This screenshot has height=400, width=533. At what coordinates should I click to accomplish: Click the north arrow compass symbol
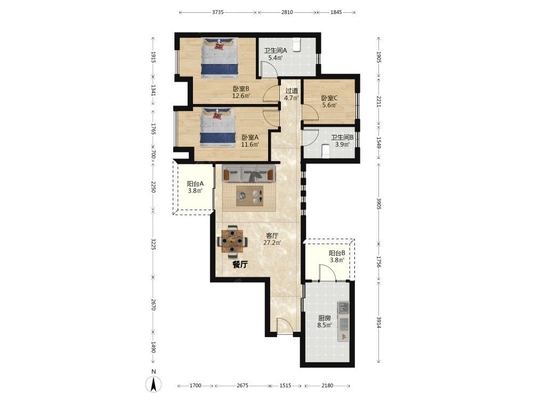pos(154,385)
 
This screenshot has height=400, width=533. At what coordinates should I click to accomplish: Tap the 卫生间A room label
pos(276,51)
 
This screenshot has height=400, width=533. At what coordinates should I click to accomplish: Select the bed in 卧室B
pos(219,58)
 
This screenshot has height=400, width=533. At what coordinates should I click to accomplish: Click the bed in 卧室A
pos(217,128)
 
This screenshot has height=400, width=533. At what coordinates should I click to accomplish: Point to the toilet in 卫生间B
pos(325,151)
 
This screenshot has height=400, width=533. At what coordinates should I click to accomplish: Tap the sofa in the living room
pos(248,174)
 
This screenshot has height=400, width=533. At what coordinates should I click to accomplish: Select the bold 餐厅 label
pos(240,265)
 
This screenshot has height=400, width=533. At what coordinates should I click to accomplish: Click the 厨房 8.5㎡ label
pos(324,322)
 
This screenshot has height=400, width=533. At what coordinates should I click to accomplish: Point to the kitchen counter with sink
pos(344,321)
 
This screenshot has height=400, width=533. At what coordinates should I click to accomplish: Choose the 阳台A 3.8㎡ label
pos(196,187)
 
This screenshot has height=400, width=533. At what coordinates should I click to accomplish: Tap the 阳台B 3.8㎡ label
pos(337,257)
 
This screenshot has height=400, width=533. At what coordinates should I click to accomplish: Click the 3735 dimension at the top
pos(217,12)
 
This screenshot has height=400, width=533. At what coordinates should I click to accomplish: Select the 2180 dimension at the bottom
pos(327,386)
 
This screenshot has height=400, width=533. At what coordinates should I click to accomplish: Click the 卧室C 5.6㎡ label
pos(329,101)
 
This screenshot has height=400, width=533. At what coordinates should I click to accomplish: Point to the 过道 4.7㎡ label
pos(292,94)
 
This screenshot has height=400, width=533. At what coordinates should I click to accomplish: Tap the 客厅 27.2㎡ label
pos(272,239)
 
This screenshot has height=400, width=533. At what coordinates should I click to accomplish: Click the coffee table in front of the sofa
pos(250,195)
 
